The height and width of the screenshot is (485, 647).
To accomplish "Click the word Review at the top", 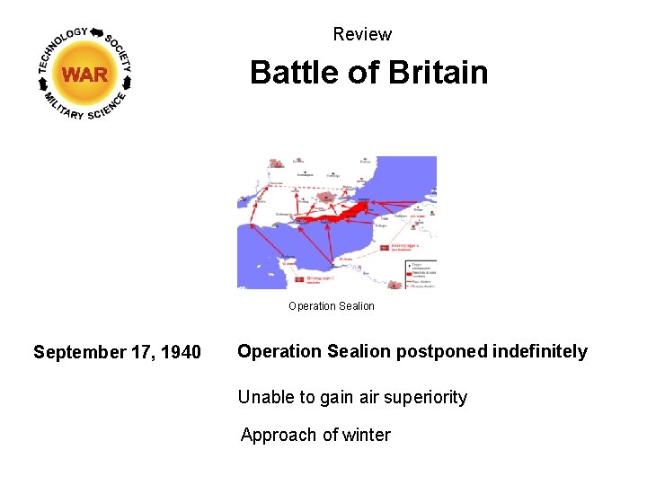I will click(362, 35).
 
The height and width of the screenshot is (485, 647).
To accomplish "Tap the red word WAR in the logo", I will click(85, 75).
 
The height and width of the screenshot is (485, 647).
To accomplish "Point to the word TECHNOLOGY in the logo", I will click(62, 46).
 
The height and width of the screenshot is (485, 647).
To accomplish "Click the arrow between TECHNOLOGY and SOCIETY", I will click(97, 33).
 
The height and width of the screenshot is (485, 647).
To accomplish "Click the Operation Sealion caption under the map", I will click(332, 306).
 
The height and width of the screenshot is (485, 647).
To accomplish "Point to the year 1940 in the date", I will click(182, 352).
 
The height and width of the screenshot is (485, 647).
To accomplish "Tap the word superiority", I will click(424, 397).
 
